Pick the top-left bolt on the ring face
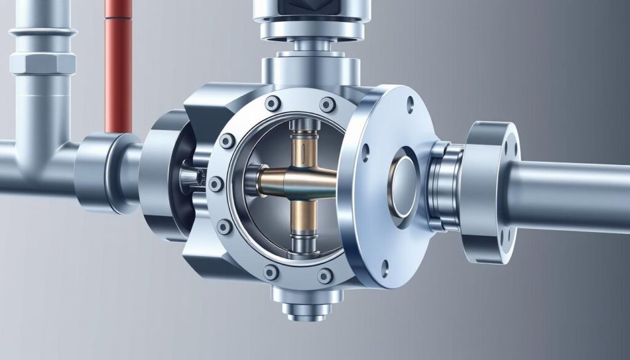coord(228,142)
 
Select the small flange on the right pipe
coord(492,185)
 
